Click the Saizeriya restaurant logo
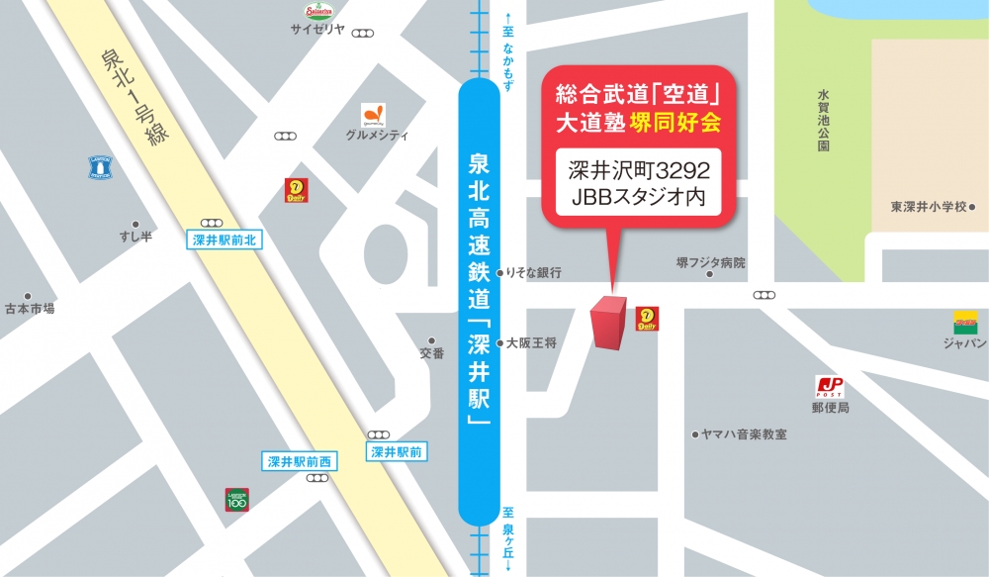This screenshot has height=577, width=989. tap(319, 11)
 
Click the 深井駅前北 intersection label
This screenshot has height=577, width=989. tap(225, 240)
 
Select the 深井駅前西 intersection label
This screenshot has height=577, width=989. tap(303, 460)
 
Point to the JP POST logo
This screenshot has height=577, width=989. tap(830, 387)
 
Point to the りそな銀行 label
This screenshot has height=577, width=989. tap(534, 272)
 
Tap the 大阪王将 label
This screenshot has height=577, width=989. tap(532, 343)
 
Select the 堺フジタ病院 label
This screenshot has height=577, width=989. tap(710, 263)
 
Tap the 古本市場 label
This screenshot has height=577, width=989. tap(30, 309)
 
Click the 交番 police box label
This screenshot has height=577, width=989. tap(431, 353)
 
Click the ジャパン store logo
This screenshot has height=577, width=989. tap(965, 324)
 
